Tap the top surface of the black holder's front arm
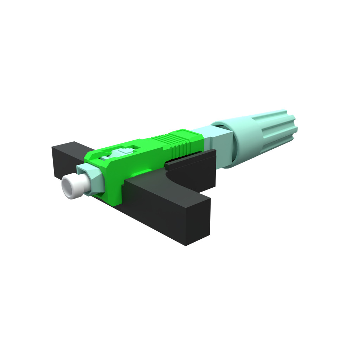point(165,190)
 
